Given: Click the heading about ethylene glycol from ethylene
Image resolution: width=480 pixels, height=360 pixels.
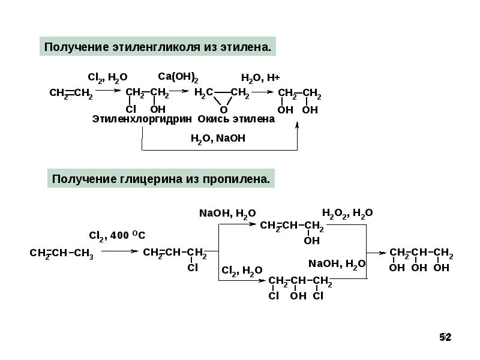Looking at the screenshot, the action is [158, 46].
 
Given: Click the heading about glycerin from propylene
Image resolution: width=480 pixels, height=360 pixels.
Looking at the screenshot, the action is [161, 179].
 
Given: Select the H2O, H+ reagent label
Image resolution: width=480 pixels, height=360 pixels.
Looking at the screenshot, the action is [260, 77].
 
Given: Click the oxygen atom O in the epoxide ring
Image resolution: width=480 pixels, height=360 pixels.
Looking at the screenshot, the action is [223, 110].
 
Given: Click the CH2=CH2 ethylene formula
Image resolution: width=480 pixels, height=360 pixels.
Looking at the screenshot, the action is [70, 94].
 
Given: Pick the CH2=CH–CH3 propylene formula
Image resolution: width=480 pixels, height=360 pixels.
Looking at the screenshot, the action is [62, 254].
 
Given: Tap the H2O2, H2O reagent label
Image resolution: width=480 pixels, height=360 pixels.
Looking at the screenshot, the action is [347, 213].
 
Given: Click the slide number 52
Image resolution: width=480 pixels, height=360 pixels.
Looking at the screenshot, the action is [445, 337].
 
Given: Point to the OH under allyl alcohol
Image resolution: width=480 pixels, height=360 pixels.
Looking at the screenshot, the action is [312, 241].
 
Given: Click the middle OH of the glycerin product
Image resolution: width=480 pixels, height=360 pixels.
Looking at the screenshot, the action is [419, 268].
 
